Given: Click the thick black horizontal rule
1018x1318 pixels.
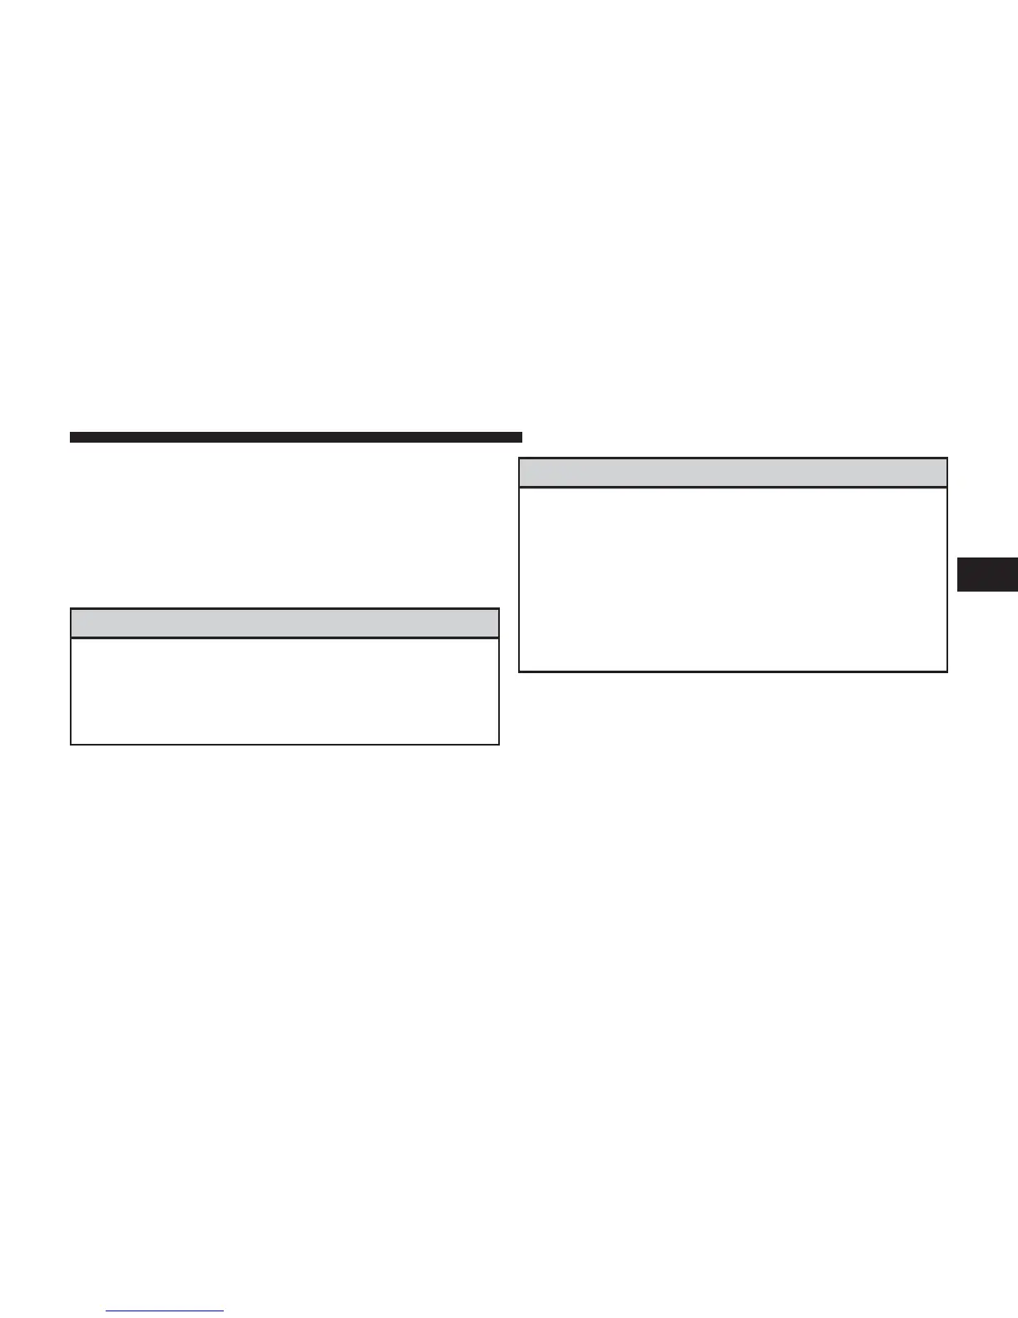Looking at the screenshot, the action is tap(295, 437).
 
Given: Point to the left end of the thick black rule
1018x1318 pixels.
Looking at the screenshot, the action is tap(72, 437).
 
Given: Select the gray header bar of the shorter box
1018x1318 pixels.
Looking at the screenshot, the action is tap(284, 623).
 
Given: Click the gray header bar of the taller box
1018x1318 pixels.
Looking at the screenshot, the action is tap(733, 473).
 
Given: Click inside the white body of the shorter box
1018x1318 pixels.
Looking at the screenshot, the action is tap(284, 690).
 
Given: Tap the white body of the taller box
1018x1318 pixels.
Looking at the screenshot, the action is tap(733, 578).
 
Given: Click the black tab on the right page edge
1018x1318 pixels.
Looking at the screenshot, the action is tap(987, 575).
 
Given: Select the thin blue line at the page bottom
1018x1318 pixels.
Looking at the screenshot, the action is tap(166, 1311).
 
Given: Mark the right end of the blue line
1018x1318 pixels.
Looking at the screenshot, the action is tap(223, 1311).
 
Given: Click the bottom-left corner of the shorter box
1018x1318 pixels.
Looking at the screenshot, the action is tap(72, 743).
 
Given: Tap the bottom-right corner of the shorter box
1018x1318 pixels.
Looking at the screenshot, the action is tap(498, 743).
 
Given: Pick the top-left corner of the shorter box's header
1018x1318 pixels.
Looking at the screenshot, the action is tap(72, 610).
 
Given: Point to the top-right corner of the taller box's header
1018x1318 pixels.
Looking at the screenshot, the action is tap(946, 458).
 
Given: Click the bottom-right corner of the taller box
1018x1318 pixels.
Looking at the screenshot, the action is tap(946, 670).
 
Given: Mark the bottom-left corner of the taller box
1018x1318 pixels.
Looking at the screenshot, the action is tap(520, 670).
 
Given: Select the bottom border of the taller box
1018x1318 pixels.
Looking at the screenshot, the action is tap(733, 670).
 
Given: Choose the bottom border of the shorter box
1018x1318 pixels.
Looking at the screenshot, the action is tap(284, 743).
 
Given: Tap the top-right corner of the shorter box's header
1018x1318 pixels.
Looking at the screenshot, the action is tap(498, 610).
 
